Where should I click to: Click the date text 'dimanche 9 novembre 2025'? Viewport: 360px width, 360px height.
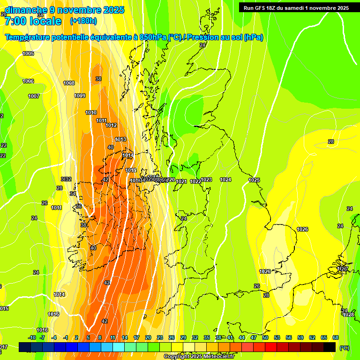point(65,10)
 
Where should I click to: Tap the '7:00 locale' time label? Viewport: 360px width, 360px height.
point(33,21)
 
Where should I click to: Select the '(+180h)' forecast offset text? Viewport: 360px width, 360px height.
point(83,21)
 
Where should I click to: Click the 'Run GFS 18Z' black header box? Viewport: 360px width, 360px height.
point(296,7)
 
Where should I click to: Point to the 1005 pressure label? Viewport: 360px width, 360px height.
point(28,54)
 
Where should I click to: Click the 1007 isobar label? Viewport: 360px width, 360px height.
point(34,96)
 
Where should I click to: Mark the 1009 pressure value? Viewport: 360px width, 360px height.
point(80,96)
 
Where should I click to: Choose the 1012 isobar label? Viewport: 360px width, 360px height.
point(111,125)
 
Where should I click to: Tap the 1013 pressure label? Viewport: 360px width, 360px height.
point(120,139)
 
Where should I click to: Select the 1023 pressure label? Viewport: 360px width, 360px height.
point(206,180)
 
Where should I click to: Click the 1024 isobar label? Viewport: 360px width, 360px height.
point(225,180)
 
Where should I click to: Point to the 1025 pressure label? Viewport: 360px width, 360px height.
point(254,180)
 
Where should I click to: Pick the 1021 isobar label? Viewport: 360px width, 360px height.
point(181,181)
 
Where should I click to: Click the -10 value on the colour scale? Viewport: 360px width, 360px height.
point(32,337)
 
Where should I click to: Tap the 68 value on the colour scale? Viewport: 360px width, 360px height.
point(336,337)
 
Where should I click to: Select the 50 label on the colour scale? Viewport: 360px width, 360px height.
point(265,337)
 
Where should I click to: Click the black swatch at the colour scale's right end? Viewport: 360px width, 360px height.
point(330,347)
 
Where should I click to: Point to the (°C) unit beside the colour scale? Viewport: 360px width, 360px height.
point(344,348)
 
